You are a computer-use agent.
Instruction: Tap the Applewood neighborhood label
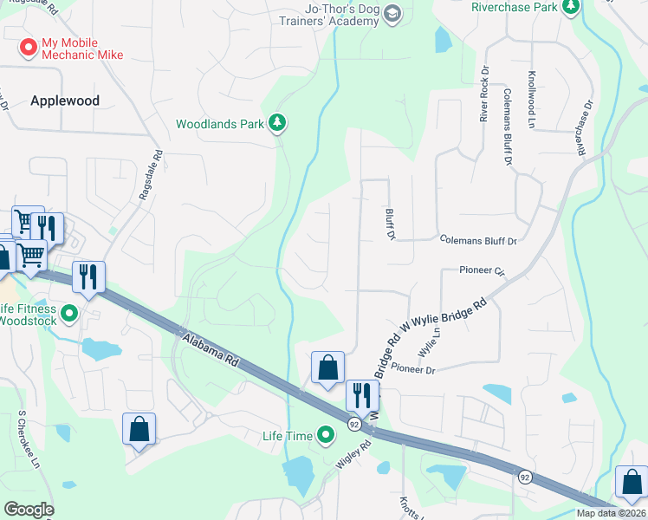coord(65,101)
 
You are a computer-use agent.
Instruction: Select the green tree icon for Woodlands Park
coord(277,124)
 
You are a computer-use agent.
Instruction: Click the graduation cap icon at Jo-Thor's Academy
coord(392,14)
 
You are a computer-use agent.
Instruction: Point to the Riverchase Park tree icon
coord(571,7)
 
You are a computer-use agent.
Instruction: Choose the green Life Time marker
coord(326,435)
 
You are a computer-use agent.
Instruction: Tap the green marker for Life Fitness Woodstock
coord(70,313)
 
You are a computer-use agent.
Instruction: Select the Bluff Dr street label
coord(391,224)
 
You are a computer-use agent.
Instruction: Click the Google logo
coord(29,510)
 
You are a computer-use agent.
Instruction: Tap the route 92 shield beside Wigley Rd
coord(354,425)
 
